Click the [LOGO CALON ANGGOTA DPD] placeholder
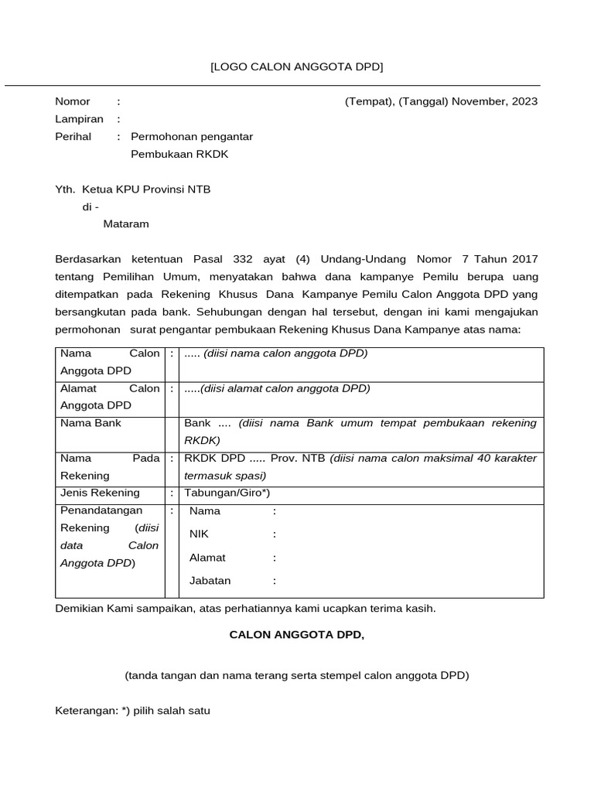pyautogui.click(x=296, y=67)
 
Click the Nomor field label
pyautogui.click(x=72, y=101)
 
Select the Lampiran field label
pyautogui.click(x=79, y=119)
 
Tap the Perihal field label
pyautogui.click(x=73, y=137)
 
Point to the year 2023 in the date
pyautogui.click(x=524, y=101)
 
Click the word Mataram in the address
pyautogui.click(x=126, y=224)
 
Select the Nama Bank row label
pyautogui.click(x=90, y=423)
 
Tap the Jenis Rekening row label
pyautogui.click(x=100, y=493)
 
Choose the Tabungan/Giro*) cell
pyautogui.click(x=227, y=493)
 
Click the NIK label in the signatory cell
pyautogui.click(x=199, y=534)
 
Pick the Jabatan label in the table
pyautogui.click(x=210, y=580)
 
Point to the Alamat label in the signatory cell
pyautogui.click(x=207, y=557)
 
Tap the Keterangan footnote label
pyautogui.click(x=86, y=710)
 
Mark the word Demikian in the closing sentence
pyautogui.click(x=80, y=609)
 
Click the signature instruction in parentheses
pyautogui.click(x=297, y=675)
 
